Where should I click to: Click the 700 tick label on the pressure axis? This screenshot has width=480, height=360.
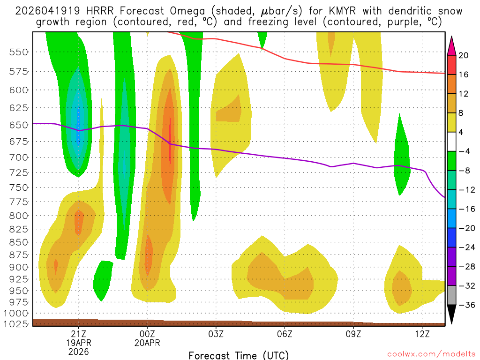tap(18, 157)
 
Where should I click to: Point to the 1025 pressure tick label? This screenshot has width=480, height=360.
tap(15, 324)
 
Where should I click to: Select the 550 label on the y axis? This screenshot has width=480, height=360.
tap(18, 52)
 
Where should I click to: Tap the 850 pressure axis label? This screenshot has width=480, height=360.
tap(18, 242)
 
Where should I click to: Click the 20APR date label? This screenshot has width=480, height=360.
tap(147, 343)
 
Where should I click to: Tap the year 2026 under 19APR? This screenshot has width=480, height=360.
tap(78, 352)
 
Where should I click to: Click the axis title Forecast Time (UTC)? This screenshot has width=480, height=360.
tap(239, 355)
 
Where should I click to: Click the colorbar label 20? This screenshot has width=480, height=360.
tap(464, 55)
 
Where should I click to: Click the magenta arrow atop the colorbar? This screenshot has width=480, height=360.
tap(452, 45)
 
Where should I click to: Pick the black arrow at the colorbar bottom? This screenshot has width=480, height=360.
tap(452, 315)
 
